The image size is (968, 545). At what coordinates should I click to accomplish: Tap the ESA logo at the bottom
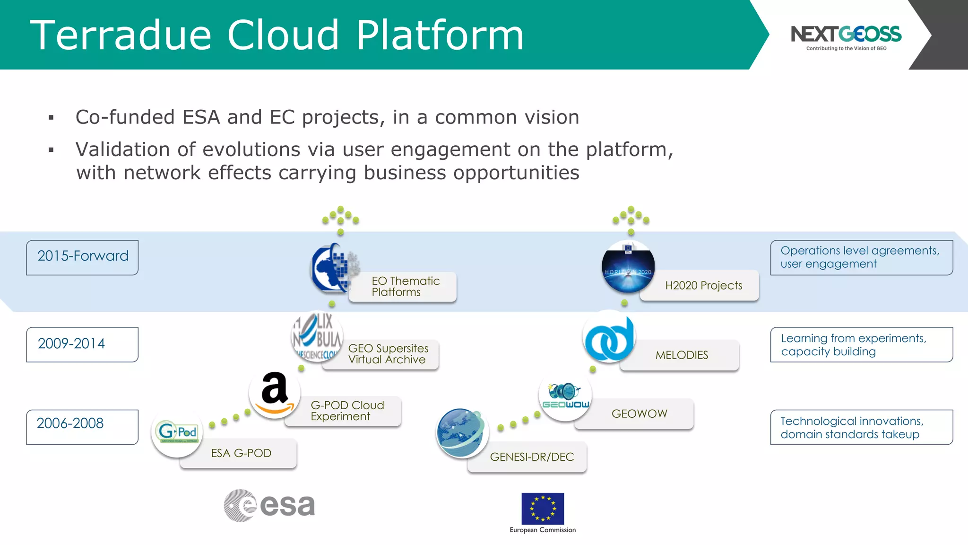tap(269, 505)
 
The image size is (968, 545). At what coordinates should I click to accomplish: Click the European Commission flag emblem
tap(543, 509)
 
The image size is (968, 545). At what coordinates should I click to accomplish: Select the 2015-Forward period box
tap(82, 257)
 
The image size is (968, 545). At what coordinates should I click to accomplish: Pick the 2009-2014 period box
tap(82, 344)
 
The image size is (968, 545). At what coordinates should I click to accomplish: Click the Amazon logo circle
tap(275, 393)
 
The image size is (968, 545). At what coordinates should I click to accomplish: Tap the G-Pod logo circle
tap(177, 431)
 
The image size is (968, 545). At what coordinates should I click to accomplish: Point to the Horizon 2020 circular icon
tap(628, 266)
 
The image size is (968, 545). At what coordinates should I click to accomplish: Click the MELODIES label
tap(682, 355)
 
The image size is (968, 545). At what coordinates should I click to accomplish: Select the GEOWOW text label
tap(639, 414)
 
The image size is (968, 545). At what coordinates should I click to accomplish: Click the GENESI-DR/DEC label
tap(532, 457)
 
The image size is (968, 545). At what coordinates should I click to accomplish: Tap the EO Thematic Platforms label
tap(406, 287)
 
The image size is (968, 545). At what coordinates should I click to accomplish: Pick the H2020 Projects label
tap(703, 286)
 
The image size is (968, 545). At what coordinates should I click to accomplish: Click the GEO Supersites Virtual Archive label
tap(388, 354)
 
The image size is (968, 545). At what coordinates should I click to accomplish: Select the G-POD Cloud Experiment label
tap(347, 411)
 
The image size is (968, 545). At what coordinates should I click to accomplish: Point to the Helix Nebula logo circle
tap(317, 336)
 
